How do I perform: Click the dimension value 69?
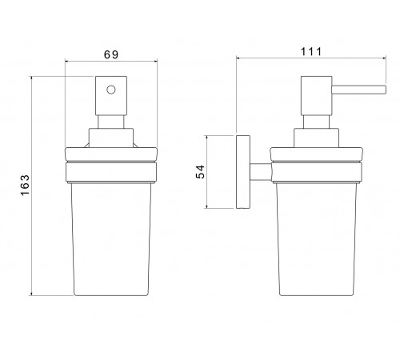(111, 54)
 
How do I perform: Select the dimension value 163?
(25, 186)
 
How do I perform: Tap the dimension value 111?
(311, 51)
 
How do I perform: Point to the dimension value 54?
(200, 172)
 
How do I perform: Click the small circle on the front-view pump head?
(111, 90)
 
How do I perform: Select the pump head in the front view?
(111, 96)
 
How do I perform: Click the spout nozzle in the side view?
(359, 90)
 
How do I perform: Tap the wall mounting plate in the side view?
(243, 172)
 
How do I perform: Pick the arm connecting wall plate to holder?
(261, 172)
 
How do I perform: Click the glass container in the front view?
(111, 239)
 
